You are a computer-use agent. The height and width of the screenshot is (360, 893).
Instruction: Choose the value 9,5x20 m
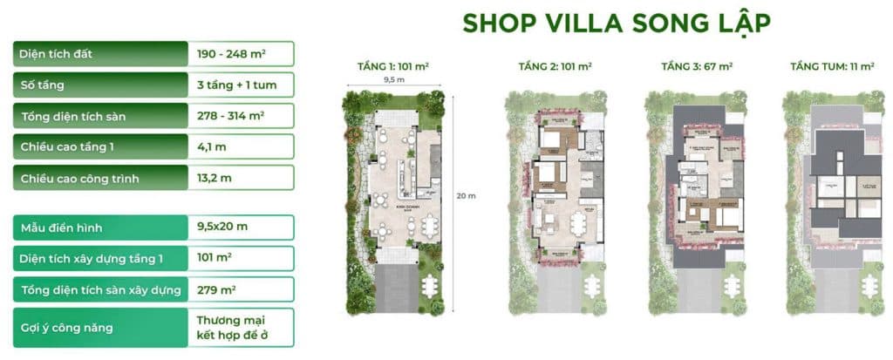[222, 228]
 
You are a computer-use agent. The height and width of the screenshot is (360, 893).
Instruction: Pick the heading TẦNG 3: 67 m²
[697, 66]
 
